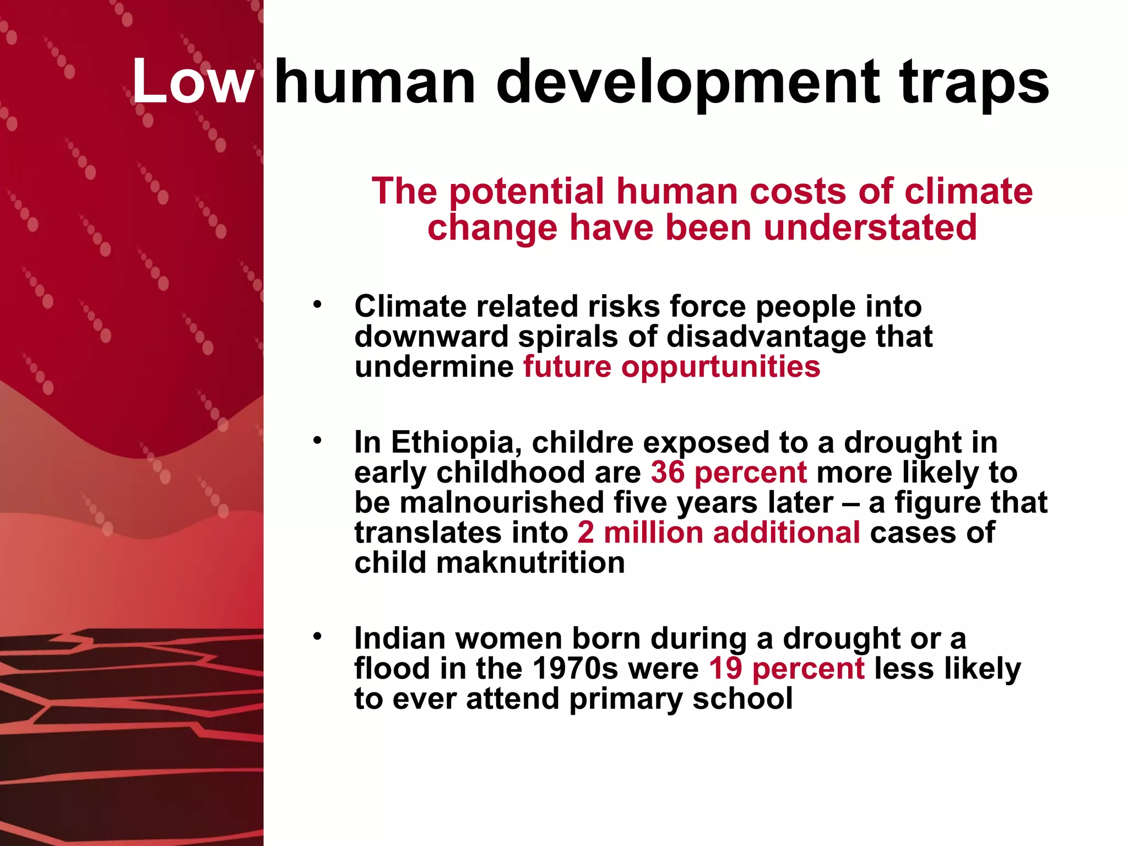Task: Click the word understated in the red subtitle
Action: pos(870,228)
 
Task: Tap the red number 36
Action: pos(668,473)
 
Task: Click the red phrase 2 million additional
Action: pos(719,533)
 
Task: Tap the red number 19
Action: pos(725,669)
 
